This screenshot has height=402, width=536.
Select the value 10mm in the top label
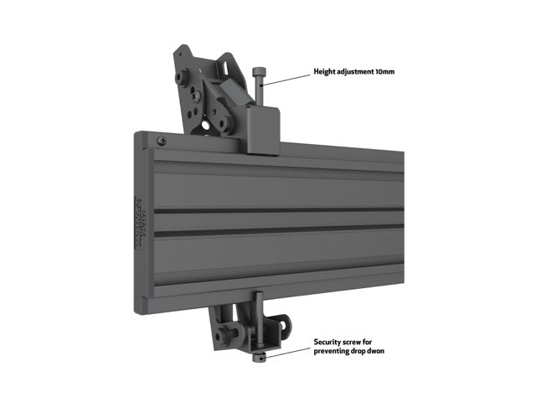pyautogui.click(x=384, y=72)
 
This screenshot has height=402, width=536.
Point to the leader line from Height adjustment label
pyautogui.click(x=289, y=78)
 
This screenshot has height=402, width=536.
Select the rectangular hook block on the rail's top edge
pyautogui.click(x=263, y=130)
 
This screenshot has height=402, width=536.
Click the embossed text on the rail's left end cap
pyautogui.click(x=140, y=222)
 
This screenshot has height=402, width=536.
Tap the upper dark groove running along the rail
pyautogui.click(x=276, y=209)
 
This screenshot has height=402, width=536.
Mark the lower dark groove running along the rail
pyautogui.click(x=276, y=227)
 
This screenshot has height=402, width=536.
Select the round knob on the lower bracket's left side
pyautogui.click(x=221, y=337)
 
